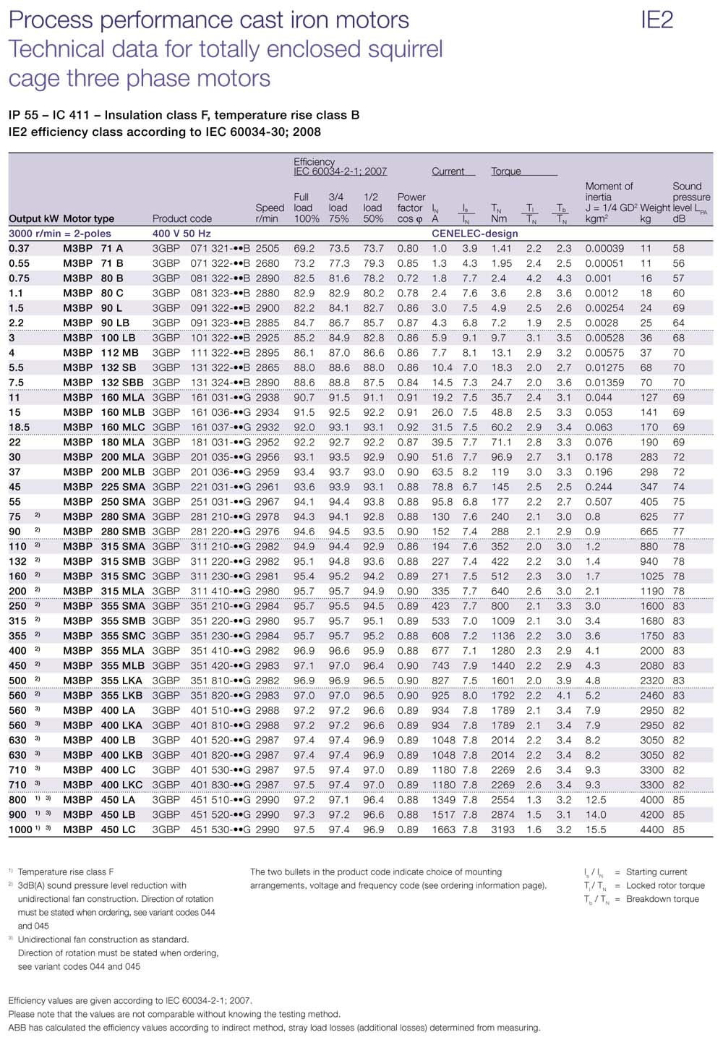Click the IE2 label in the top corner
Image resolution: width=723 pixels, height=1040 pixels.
tap(656, 20)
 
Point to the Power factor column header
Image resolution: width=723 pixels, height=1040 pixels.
tap(411, 208)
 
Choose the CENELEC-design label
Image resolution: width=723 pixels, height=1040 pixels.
tap(475, 234)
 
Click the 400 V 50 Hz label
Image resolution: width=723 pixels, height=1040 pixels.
tap(181, 234)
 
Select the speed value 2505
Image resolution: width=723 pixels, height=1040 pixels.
tap(267, 248)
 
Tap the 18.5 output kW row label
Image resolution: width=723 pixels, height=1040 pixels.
tap(20, 427)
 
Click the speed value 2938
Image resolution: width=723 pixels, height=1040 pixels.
tap(267, 397)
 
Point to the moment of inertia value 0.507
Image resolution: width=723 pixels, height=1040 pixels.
tap(599, 502)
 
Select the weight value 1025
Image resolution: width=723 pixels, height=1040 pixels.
tap(651, 576)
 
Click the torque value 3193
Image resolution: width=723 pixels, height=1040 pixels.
tap(502, 830)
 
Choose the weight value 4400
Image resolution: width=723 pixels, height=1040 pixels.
tap(651, 830)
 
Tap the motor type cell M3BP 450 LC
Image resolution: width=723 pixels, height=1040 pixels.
tap(99, 830)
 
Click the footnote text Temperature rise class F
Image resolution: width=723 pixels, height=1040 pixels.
tap(65, 872)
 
